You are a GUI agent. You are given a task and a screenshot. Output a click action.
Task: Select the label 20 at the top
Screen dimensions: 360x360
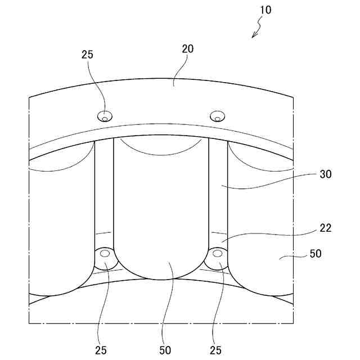pyautogui.click(x=188, y=48)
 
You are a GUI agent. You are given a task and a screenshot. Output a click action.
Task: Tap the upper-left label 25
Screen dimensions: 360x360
pyautogui.click(x=87, y=55)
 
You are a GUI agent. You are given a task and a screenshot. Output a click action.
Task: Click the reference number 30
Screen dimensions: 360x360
pyautogui.click(x=326, y=174)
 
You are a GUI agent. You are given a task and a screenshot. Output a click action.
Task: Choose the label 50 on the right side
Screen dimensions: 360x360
pyautogui.click(x=316, y=254)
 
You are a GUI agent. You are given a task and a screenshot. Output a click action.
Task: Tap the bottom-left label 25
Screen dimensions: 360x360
pyautogui.click(x=101, y=350)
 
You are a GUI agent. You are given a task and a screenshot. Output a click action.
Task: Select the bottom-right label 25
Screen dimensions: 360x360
pyautogui.click(x=215, y=350)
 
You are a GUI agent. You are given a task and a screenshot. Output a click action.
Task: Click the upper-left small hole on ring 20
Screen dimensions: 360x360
pyautogui.click(x=105, y=117)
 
